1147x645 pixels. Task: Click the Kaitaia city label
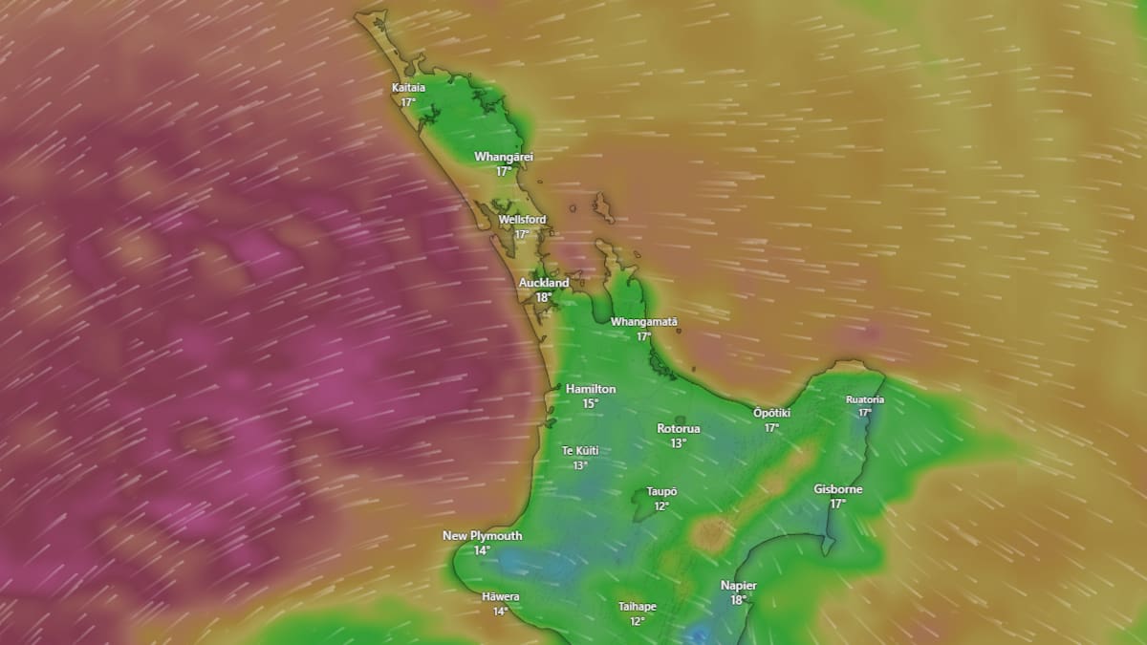pos(408,88)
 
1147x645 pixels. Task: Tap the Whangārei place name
pos(504,157)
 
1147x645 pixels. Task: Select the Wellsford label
pos(523,220)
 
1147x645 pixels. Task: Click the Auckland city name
pos(544,283)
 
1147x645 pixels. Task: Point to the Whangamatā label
pos(644,322)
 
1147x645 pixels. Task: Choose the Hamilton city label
pos(591,389)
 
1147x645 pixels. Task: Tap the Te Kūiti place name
pos(580,451)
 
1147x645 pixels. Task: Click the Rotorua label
pos(679,428)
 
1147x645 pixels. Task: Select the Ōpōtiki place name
pos(771,413)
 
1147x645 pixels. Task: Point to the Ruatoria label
pos(865,399)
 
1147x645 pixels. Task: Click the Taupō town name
pos(661,491)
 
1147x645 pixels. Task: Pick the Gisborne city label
pos(838,489)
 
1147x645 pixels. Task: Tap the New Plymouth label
pos(483,536)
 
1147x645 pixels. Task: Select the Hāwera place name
pos(501,597)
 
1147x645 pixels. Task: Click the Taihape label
pos(638,607)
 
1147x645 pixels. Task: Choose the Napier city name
pos(739,586)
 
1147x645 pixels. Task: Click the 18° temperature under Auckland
pos(544,297)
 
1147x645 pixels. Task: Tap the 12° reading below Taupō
pos(661,505)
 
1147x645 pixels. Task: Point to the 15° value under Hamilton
pos(591,403)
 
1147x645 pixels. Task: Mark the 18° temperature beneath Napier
pos(739,600)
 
